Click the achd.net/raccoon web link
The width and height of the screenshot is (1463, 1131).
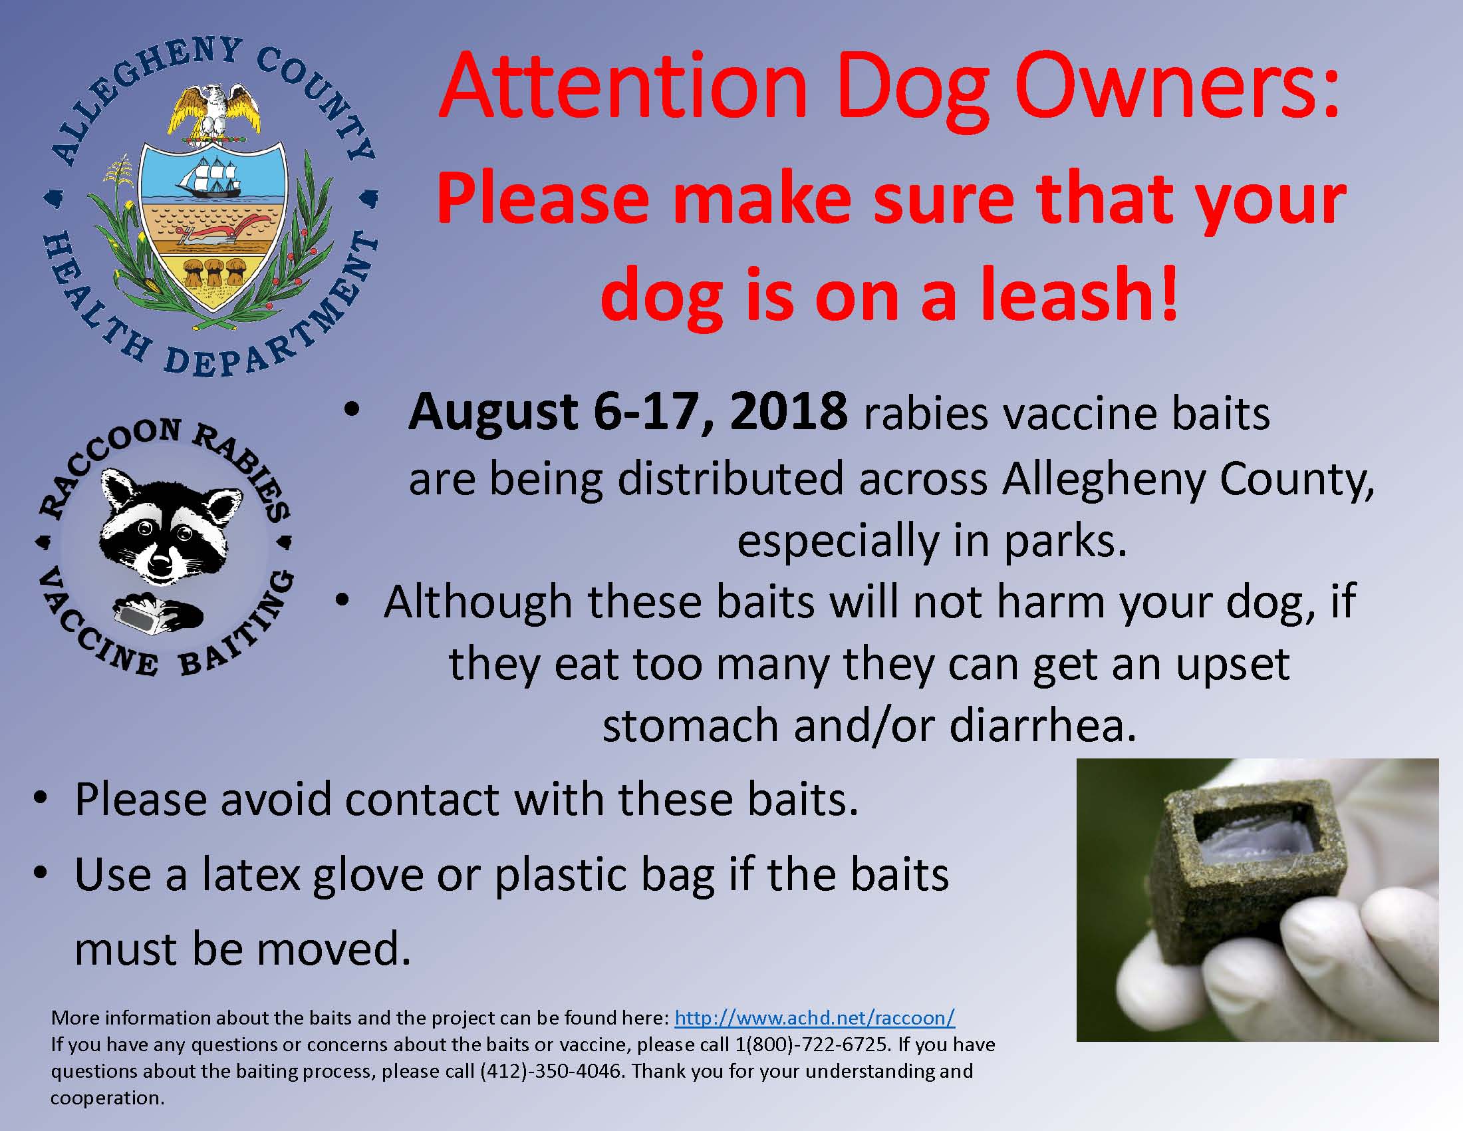814,1018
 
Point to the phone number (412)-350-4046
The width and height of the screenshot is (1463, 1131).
550,1070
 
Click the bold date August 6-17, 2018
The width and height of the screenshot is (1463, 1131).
628,411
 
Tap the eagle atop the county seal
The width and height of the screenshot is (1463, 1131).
213,107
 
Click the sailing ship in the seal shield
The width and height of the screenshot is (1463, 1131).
209,178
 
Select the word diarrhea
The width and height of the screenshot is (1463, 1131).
1042,725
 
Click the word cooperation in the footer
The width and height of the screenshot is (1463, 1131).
106,1098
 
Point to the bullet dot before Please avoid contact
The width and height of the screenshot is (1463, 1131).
41,798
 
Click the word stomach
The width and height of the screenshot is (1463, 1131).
690,725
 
